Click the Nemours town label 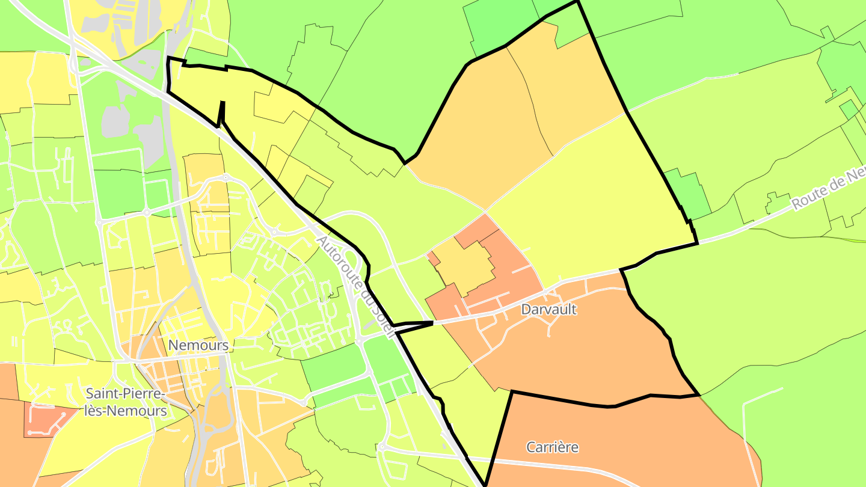[198, 345]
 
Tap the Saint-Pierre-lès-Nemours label [126, 402]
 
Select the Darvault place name [549, 310]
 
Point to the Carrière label [552, 447]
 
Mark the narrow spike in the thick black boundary [222, 111]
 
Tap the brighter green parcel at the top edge [502, 24]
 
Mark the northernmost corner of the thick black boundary [577, 2]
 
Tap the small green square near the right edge [849, 109]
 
